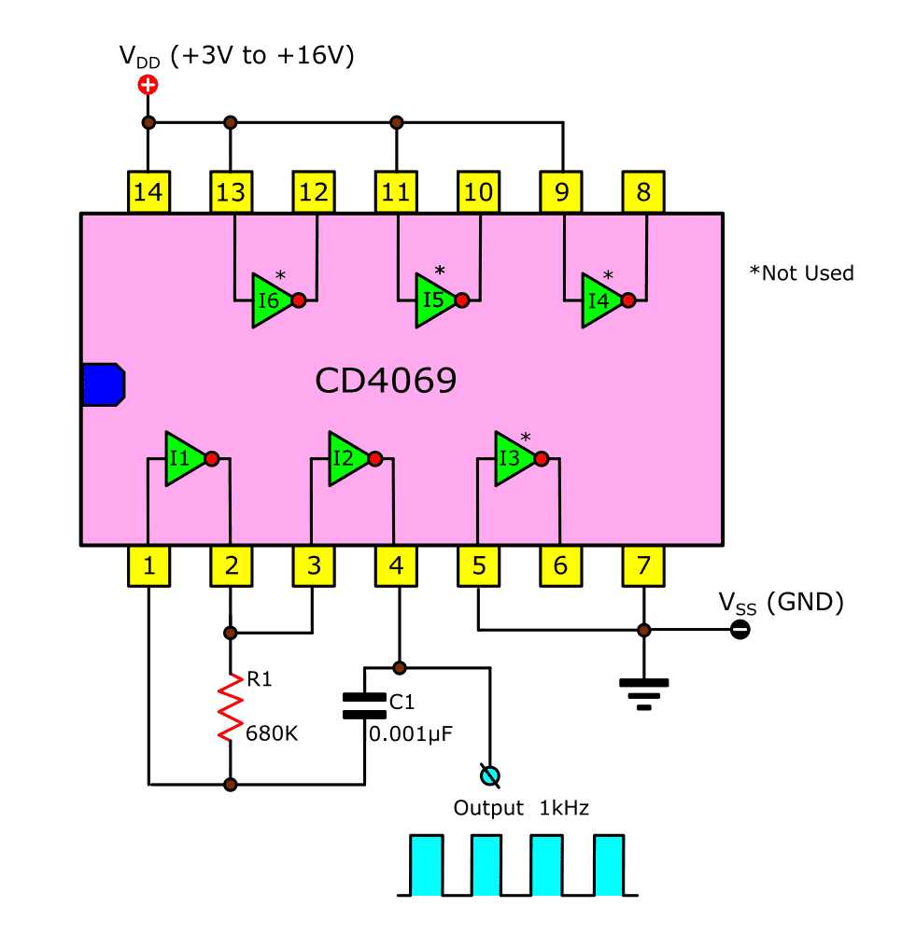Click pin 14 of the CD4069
(x=148, y=192)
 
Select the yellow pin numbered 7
(x=643, y=565)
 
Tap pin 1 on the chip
(x=148, y=565)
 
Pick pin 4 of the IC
(x=397, y=565)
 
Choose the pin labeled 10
(x=478, y=192)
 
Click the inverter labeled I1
(x=183, y=458)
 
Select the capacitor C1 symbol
(x=364, y=705)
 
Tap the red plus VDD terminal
(x=148, y=86)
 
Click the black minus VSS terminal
(x=739, y=630)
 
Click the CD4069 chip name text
(x=386, y=381)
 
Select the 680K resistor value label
(x=272, y=733)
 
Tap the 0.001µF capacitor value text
(x=411, y=733)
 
